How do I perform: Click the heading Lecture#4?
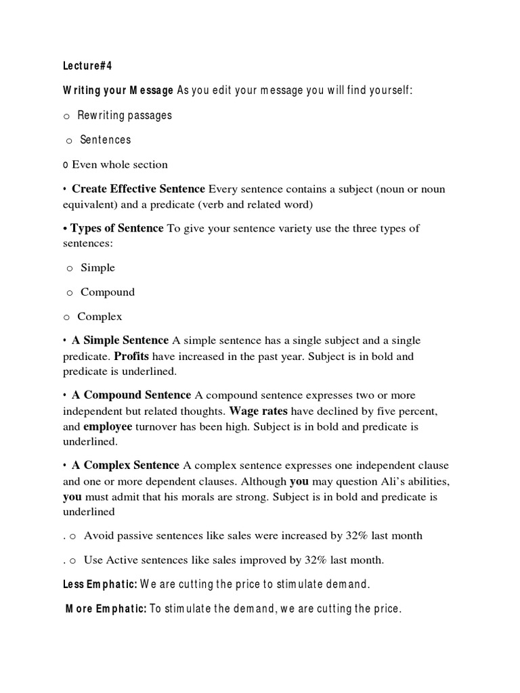87,66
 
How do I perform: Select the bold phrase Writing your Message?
118,91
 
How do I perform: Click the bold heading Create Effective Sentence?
138,189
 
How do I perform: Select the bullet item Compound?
108,292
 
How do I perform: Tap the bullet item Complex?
100,317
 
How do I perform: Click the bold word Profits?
131,356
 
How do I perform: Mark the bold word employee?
108,426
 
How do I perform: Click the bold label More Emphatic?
106,609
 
